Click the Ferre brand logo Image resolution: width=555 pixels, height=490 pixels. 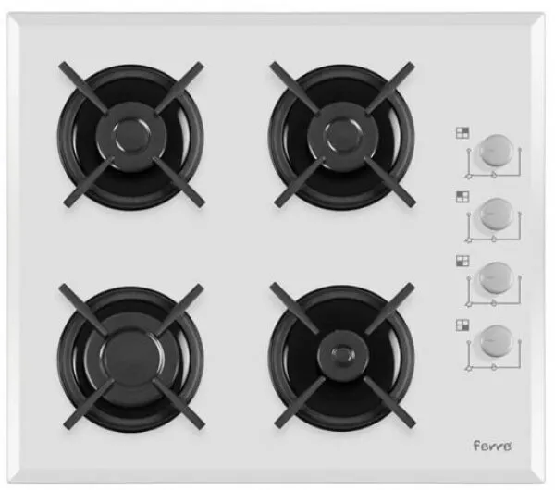(x=492, y=446)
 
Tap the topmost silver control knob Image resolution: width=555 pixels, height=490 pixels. (x=496, y=151)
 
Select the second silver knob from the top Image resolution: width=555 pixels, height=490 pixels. (x=496, y=214)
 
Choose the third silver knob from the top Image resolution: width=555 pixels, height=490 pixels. (x=496, y=277)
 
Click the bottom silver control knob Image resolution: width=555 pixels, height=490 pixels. (x=496, y=341)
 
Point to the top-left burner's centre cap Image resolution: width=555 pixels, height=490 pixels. (x=131, y=137)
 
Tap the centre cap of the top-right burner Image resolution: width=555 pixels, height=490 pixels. (x=342, y=136)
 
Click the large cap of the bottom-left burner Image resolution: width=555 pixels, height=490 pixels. (x=131, y=358)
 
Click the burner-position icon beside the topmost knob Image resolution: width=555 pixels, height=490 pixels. (x=462, y=133)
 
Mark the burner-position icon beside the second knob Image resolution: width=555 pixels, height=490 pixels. (x=462, y=197)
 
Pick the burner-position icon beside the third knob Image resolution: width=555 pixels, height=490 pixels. (x=462, y=261)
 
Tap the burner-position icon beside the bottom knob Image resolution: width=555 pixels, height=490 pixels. (x=462, y=325)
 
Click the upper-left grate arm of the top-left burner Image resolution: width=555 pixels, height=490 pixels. (x=84, y=88)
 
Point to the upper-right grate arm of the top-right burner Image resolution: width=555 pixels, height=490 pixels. (x=390, y=88)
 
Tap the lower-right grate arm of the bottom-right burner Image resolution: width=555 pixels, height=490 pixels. (x=389, y=401)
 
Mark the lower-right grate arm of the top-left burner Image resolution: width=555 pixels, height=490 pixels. (x=179, y=181)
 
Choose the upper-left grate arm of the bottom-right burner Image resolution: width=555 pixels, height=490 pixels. (x=295, y=308)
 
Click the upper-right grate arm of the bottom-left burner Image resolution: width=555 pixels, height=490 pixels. (x=179, y=309)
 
